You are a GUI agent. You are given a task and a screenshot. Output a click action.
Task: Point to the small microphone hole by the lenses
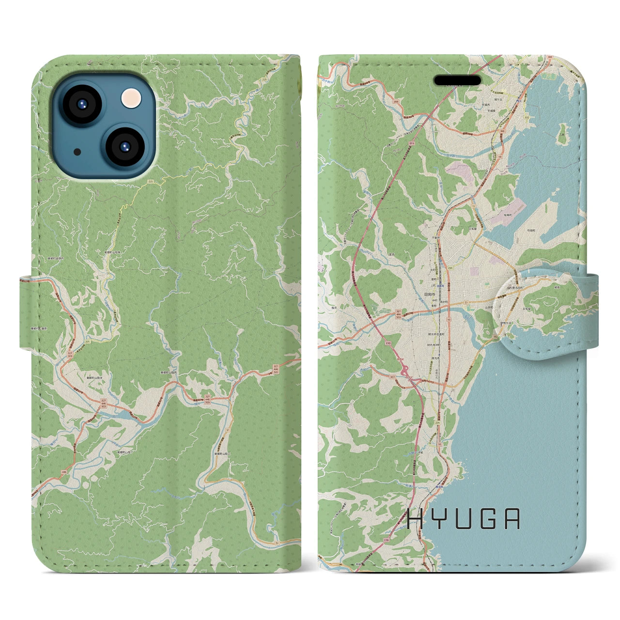[x=77, y=152]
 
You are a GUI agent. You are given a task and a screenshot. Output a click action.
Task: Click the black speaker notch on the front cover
[x=457, y=80]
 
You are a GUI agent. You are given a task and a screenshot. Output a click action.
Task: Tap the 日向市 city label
[x=430, y=294]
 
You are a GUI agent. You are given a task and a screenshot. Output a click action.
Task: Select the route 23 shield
[x=466, y=302]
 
